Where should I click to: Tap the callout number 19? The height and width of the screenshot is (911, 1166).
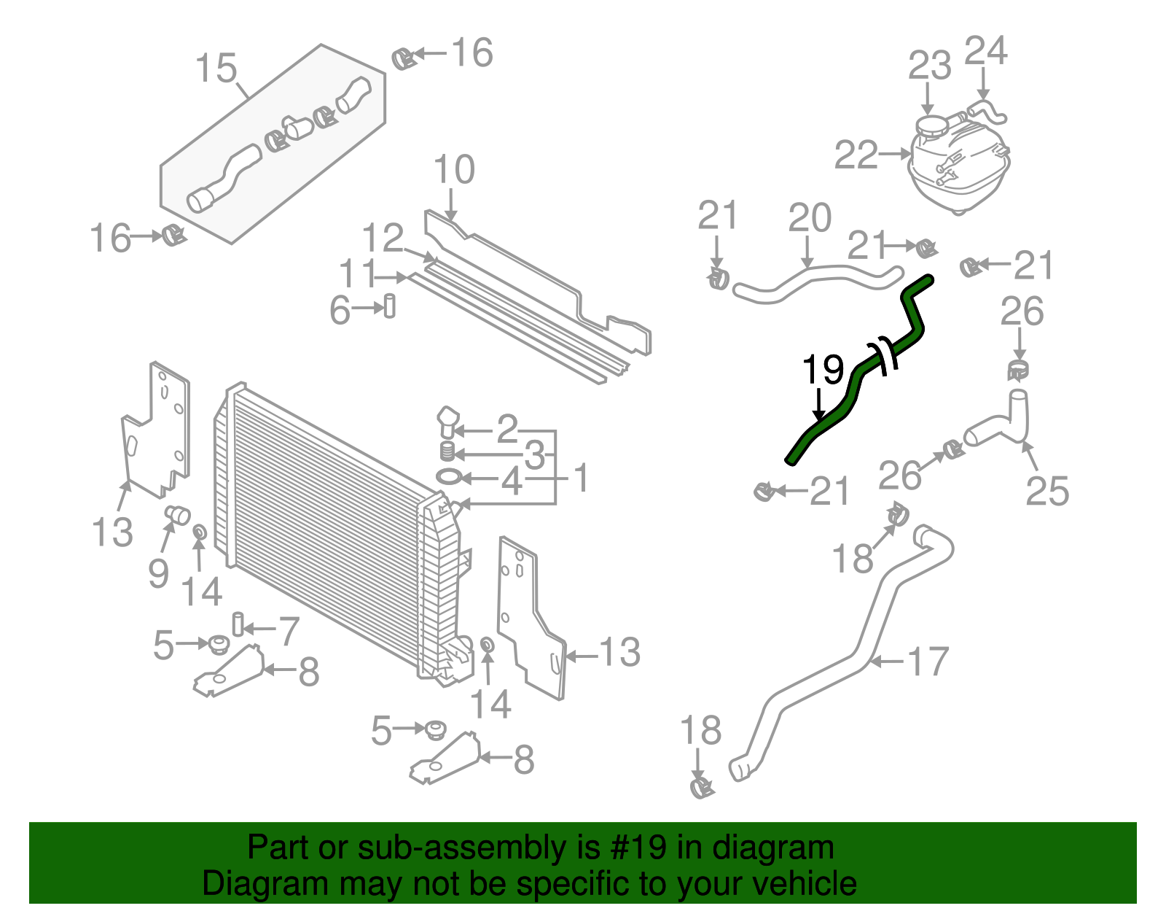tap(823, 370)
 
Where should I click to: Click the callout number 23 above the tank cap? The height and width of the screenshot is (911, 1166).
tap(929, 66)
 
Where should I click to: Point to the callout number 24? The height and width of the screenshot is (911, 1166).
tap(985, 51)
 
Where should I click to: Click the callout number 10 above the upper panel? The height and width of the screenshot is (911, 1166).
tap(453, 170)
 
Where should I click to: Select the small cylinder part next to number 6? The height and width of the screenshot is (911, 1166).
tap(390, 305)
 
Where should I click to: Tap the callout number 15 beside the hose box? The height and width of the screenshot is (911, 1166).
tap(216, 69)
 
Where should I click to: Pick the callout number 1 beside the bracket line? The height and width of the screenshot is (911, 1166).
tap(581, 479)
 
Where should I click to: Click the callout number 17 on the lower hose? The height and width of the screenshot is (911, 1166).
tap(927, 662)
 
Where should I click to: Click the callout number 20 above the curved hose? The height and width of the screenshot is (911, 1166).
tap(810, 218)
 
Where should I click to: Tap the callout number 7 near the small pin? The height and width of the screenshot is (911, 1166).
tap(289, 631)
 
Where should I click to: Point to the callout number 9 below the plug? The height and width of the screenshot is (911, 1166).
tap(158, 574)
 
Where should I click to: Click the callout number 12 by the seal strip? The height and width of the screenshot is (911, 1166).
tap(383, 239)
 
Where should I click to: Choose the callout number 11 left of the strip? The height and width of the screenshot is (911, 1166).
tap(358, 275)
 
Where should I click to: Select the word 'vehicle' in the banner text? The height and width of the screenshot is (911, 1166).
tap(803, 884)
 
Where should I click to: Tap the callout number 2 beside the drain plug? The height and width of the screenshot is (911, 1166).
tap(506, 429)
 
